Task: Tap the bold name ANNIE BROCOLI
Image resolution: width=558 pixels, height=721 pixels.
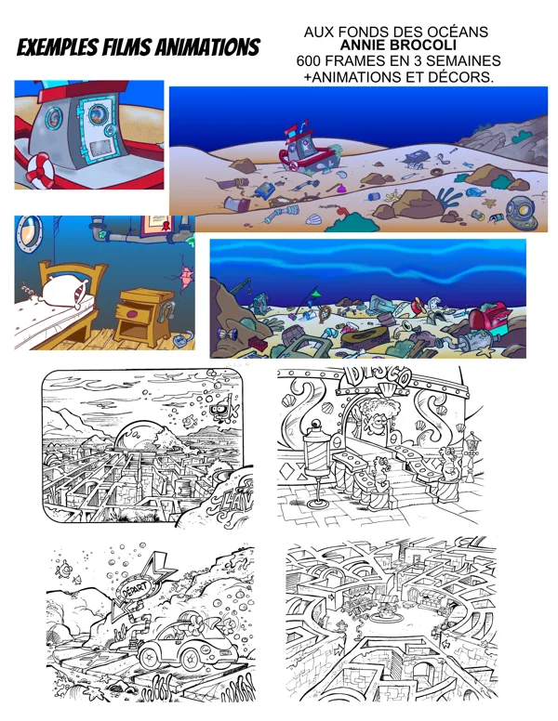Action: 398,46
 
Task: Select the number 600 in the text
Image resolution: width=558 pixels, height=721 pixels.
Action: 308,61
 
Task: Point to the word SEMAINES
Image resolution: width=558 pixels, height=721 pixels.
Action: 465,61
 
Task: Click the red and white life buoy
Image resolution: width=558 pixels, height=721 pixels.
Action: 41,170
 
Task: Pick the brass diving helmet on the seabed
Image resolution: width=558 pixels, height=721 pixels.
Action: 521,213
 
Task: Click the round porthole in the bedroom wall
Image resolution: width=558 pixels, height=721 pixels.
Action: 30,234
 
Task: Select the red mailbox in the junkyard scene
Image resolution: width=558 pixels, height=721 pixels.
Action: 489,319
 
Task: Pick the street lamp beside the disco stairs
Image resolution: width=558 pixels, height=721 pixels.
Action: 472,455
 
